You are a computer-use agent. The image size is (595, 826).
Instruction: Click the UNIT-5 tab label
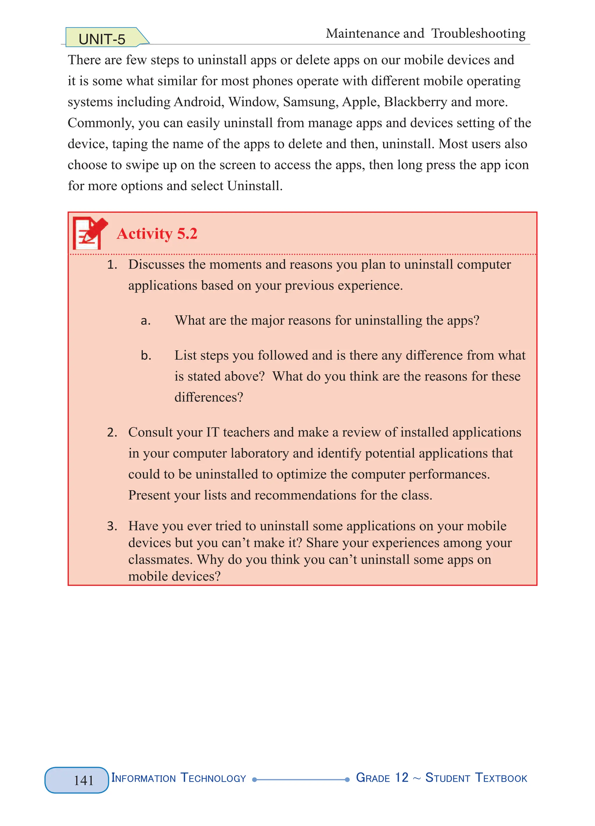coord(102,39)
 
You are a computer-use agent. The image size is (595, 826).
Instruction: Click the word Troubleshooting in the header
coord(478,33)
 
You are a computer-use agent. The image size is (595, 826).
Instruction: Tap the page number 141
coord(84,780)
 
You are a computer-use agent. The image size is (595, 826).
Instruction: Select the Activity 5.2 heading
coord(157,233)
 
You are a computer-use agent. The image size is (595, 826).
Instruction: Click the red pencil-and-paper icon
coord(89,233)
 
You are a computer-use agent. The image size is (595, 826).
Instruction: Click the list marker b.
coord(146,356)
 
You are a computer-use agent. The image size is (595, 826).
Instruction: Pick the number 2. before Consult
coord(112,433)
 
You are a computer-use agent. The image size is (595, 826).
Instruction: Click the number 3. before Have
coord(112,526)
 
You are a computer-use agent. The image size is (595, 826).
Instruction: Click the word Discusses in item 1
coord(157,264)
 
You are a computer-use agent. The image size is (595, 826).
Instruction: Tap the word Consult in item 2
coord(150,432)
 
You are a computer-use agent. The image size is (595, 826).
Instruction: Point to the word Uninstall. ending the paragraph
coord(255,186)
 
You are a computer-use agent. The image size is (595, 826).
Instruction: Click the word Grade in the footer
coord(373,778)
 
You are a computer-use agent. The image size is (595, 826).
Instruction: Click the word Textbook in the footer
coord(501,778)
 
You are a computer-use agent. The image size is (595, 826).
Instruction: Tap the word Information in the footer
coord(144,778)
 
